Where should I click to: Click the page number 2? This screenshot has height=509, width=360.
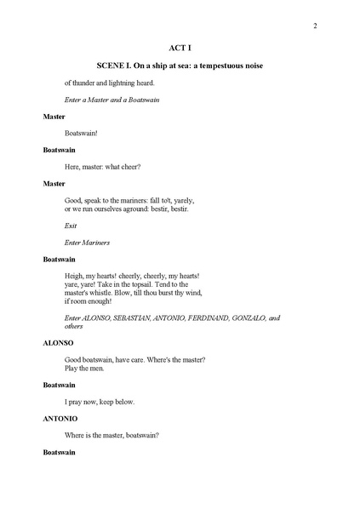point(315,26)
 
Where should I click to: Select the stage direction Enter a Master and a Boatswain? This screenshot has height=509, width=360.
point(112,100)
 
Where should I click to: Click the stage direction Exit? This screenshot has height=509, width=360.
point(71,226)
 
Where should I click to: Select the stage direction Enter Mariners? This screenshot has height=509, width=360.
point(87,243)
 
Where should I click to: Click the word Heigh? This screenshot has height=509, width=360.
point(75,276)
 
